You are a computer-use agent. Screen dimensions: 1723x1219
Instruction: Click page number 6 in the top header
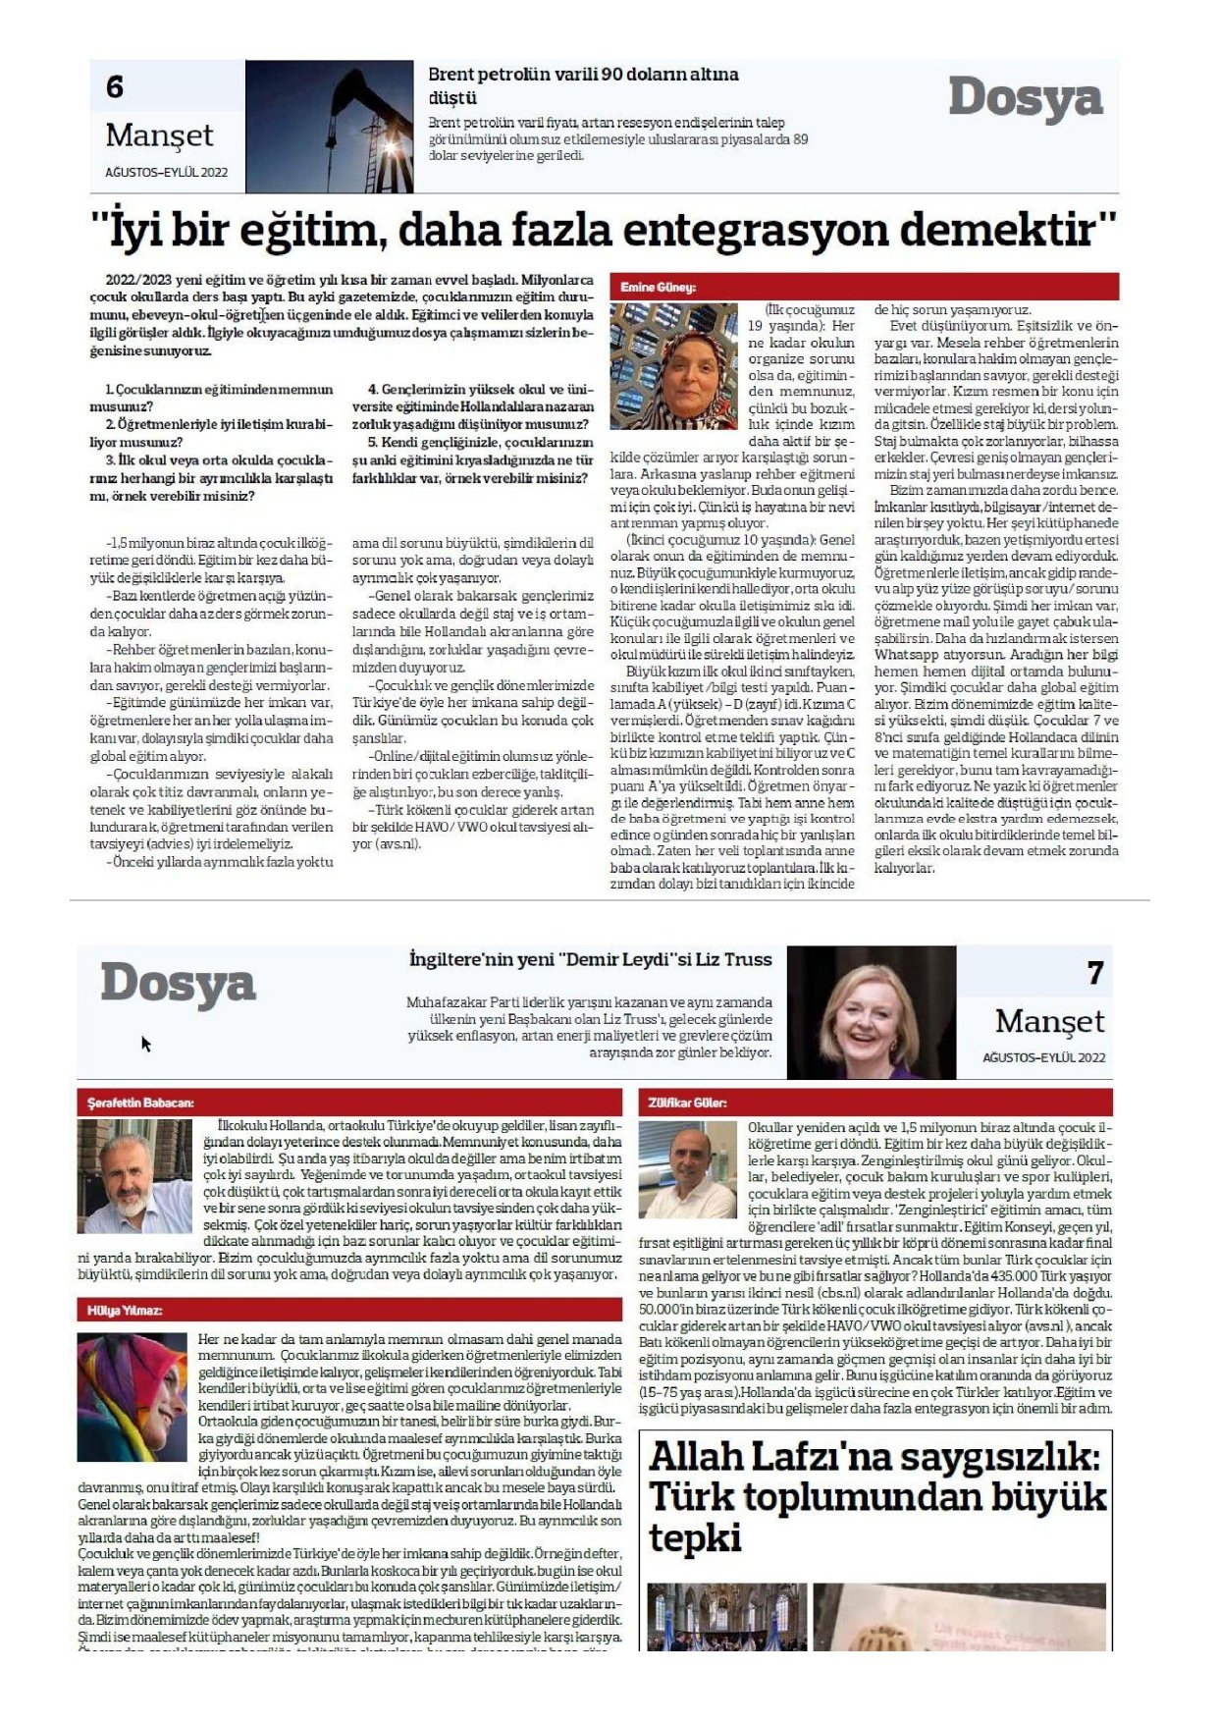(115, 88)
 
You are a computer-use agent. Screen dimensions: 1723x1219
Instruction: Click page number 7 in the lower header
(1095, 973)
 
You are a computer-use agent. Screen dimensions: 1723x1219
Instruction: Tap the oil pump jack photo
(329, 127)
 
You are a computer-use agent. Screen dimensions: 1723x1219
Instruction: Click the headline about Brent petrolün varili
(583, 85)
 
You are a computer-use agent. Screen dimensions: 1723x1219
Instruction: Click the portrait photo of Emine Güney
(672, 365)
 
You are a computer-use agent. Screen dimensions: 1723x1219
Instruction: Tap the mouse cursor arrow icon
(146, 1044)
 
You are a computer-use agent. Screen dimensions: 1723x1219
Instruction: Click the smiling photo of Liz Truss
(871, 1013)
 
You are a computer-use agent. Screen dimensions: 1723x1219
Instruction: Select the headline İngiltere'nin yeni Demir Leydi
(590, 960)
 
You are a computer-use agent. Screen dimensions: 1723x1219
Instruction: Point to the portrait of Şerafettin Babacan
(134, 1176)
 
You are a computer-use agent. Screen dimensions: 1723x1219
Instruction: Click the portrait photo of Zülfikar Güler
(687, 1169)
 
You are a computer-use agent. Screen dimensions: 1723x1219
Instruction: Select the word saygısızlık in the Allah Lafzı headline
(992, 1457)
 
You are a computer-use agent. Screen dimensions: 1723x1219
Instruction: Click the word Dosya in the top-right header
(1025, 98)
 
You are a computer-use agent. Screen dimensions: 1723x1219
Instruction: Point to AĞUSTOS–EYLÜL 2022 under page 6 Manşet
(166, 173)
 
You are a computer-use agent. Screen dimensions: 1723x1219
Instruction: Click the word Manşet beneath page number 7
(1049, 1022)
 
